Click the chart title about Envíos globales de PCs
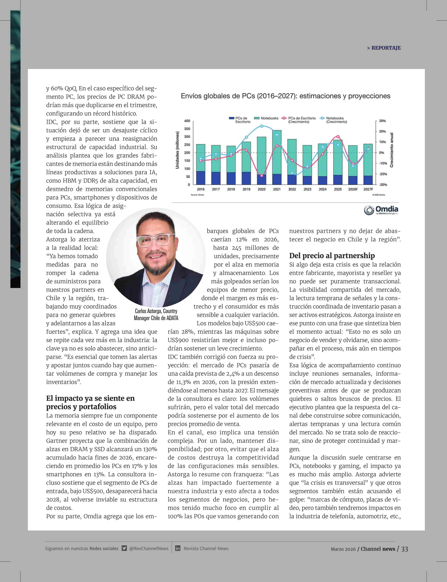(285, 96)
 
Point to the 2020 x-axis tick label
(262, 189)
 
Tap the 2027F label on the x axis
(368, 189)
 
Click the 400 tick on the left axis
(187, 121)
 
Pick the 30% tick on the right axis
(382, 121)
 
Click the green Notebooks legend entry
(266, 118)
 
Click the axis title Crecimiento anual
(391, 150)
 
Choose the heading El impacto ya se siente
(90, 402)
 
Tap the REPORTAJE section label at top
(384, 48)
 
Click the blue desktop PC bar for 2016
(201, 178)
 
